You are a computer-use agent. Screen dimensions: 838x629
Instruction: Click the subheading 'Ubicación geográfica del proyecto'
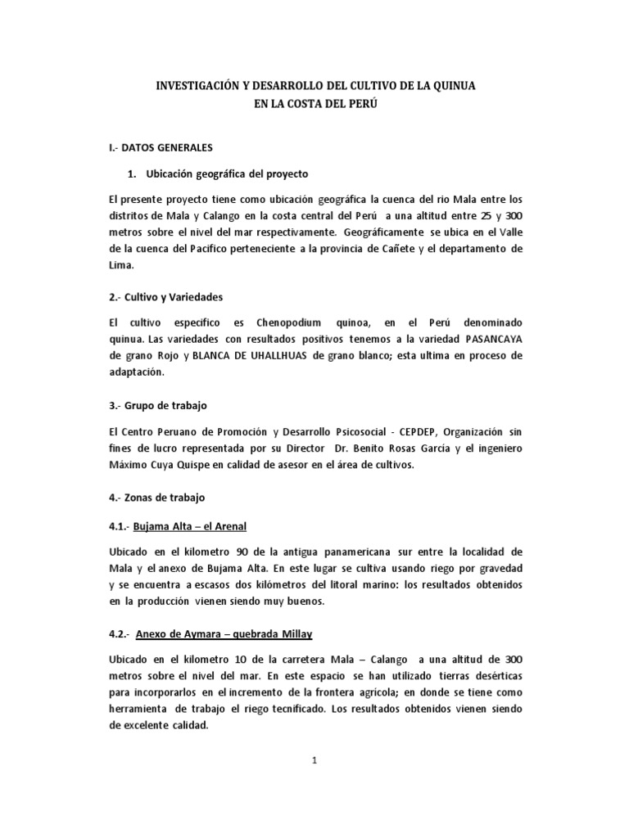click(226, 173)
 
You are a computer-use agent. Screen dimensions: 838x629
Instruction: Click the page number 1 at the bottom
click(314, 760)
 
